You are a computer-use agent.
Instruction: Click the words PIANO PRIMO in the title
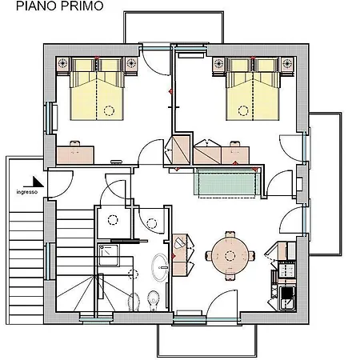tap(60, 6)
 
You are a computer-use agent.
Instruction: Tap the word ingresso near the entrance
tap(27, 192)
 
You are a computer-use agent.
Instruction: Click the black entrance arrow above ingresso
tap(34, 182)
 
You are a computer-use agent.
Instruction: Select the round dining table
tap(230, 256)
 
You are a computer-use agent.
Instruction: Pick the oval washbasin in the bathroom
tap(160, 267)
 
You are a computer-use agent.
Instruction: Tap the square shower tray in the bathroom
tap(109, 255)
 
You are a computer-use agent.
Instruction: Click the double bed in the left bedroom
tap(97, 89)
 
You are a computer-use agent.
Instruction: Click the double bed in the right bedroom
tap(253, 89)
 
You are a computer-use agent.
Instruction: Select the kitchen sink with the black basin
tap(287, 298)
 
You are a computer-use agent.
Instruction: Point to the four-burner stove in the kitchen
tap(287, 269)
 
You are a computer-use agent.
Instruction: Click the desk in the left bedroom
tap(75, 154)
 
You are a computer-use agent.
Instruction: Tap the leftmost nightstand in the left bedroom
tap(63, 64)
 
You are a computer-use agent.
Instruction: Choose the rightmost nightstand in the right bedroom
tap(287, 64)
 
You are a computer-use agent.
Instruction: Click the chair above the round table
tap(230, 235)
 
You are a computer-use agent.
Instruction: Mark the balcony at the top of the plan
tap(174, 27)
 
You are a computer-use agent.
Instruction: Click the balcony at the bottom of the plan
tap(207, 341)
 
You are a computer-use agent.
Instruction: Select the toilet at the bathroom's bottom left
tap(134, 302)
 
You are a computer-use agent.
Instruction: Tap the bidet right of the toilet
tap(153, 301)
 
